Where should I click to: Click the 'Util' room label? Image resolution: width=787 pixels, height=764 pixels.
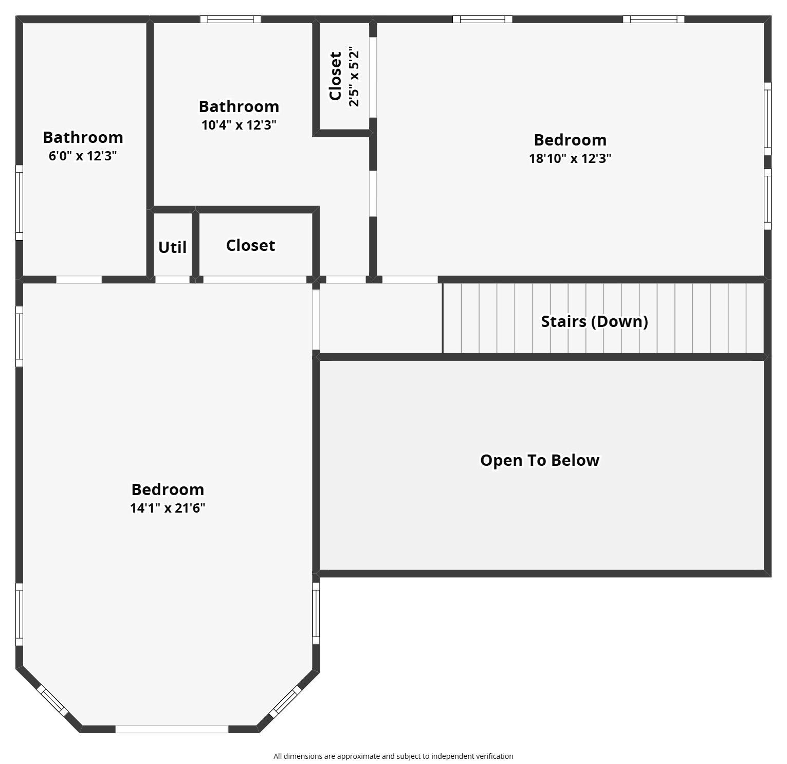[172, 247]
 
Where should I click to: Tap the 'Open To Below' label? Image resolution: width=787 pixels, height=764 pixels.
[540, 460]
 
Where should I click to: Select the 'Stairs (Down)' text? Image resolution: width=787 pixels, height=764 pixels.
[594, 321]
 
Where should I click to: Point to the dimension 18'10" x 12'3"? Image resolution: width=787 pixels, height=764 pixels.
[570, 158]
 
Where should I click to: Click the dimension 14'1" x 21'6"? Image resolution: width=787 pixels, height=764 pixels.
[168, 508]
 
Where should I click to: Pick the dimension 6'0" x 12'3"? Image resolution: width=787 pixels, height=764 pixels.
[83, 156]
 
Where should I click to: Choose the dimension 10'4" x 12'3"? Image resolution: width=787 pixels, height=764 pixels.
[239, 125]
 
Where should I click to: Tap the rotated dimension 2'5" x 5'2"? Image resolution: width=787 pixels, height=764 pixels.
[354, 77]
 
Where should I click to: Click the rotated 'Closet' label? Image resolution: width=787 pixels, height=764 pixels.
[336, 76]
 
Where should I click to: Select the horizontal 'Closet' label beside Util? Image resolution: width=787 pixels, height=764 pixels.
[250, 245]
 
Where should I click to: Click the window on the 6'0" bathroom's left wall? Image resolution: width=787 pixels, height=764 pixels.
[19, 202]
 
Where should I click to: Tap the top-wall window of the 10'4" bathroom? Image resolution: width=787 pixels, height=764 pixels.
[230, 20]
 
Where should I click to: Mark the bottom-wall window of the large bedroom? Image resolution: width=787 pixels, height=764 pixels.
[172, 729]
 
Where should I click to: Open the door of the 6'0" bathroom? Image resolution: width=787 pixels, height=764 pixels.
[79, 280]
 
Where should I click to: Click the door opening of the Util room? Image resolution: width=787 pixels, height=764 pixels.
[172, 280]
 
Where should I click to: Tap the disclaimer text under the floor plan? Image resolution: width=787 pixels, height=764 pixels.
[393, 756]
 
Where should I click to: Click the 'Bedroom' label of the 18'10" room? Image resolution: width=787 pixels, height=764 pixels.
[570, 140]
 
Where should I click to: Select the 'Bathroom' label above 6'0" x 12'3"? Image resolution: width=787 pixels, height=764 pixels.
[83, 137]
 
